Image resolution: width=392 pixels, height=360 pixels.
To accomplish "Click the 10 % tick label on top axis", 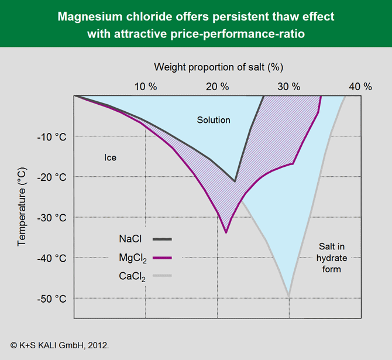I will pyautogui.click(x=146, y=87).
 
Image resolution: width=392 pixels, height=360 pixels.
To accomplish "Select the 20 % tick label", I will pyautogui.click(x=218, y=87).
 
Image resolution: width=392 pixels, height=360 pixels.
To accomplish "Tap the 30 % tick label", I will pyautogui.click(x=288, y=87).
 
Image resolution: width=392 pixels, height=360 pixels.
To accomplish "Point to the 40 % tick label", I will pyautogui.click(x=360, y=87).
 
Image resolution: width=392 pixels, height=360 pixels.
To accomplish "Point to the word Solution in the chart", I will pyautogui.click(x=214, y=120).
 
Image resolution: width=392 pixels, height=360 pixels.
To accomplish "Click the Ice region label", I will pyautogui.click(x=111, y=157).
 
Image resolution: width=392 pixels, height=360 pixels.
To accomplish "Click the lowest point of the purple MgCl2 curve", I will pyautogui.click(x=226, y=232).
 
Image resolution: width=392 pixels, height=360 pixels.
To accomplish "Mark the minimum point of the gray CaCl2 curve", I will pyautogui.click(x=288, y=296).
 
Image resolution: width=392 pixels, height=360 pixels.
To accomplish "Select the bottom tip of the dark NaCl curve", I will pyautogui.click(x=235, y=181).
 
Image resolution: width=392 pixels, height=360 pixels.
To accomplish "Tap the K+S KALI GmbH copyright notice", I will pyautogui.click(x=60, y=345).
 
